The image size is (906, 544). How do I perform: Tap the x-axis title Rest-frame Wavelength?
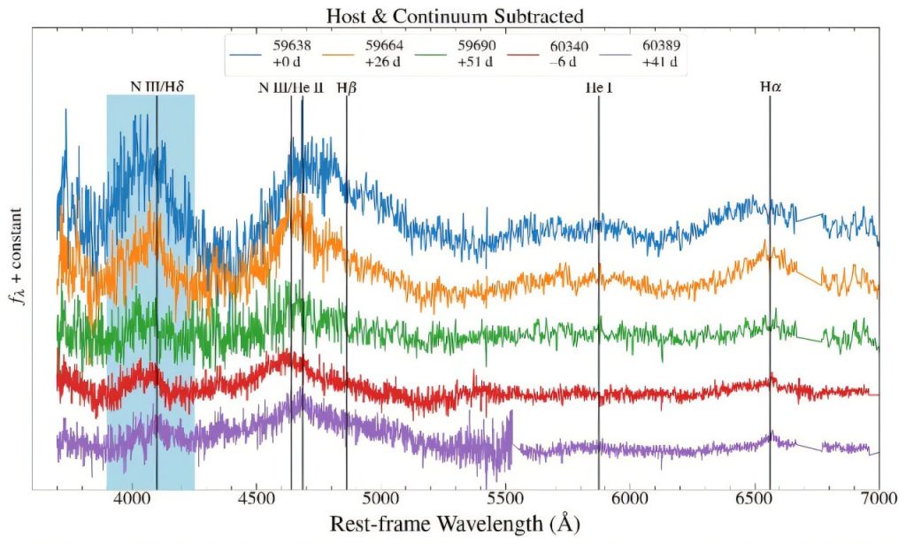(455, 524)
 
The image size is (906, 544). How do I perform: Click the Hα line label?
(771, 88)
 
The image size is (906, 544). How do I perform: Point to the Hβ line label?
(346, 88)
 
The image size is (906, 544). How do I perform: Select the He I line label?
(598, 88)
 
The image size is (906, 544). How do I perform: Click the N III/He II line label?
(291, 88)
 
